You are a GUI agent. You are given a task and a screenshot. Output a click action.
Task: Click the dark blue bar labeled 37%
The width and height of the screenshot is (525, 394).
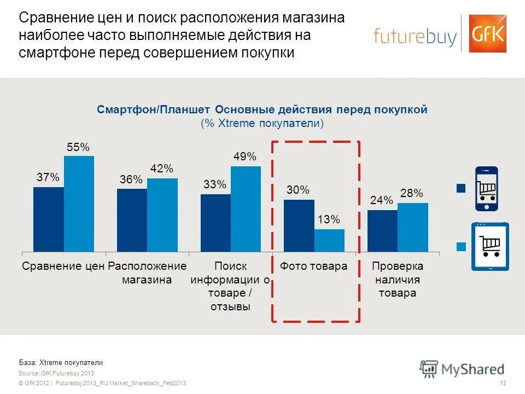pyautogui.click(x=48, y=219)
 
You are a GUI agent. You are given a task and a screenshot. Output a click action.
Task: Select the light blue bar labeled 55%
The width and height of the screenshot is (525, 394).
pyautogui.click(x=79, y=204)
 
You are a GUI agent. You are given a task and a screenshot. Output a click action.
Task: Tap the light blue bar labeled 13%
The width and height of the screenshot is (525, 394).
pyautogui.click(x=329, y=240)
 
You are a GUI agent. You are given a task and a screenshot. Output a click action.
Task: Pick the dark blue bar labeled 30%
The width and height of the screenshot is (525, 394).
pyautogui.click(x=299, y=225)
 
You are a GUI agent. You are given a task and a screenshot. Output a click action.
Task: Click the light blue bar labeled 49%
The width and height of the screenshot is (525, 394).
pyautogui.click(x=246, y=208)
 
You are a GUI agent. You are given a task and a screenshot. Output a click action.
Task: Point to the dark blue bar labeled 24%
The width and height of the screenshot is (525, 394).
pyautogui.click(x=382, y=230)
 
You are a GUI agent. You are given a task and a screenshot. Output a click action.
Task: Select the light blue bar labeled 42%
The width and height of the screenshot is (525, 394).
pyautogui.click(x=162, y=215)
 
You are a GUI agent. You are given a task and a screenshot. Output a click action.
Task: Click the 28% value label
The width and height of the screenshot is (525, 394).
pyautogui.click(x=411, y=193)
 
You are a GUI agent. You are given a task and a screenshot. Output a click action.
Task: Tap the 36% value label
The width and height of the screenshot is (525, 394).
pyautogui.click(x=131, y=179)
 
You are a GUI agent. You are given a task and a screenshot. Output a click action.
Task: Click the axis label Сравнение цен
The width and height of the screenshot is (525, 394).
pyautogui.click(x=63, y=266)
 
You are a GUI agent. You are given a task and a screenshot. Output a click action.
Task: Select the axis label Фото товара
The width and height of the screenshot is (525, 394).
pyautogui.click(x=313, y=266)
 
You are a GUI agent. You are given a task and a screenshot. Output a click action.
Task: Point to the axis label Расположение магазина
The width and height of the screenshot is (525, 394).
pyautogui.click(x=147, y=273)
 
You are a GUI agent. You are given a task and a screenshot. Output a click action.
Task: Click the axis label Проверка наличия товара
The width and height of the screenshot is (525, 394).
pyautogui.click(x=398, y=280)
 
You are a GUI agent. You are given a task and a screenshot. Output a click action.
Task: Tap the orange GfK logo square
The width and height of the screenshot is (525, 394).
pyautogui.click(x=487, y=33)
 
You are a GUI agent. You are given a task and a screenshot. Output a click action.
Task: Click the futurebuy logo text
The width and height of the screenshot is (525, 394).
pyautogui.click(x=415, y=36)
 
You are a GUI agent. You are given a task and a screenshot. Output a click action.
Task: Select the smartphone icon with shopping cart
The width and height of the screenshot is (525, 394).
pyautogui.click(x=486, y=189)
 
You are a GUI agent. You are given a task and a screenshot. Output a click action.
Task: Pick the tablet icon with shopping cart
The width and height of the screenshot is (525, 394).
pyautogui.click(x=490, y=246)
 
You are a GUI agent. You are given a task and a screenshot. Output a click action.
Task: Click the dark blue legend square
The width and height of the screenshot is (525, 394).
pyautogui.click(x=460, y=189)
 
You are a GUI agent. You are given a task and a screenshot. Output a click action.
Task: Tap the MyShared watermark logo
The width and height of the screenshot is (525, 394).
pyautogui.click(x=462, y=369)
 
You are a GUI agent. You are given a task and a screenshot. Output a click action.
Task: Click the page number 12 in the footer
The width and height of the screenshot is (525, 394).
pyautogui.click(x=503, y=383)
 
